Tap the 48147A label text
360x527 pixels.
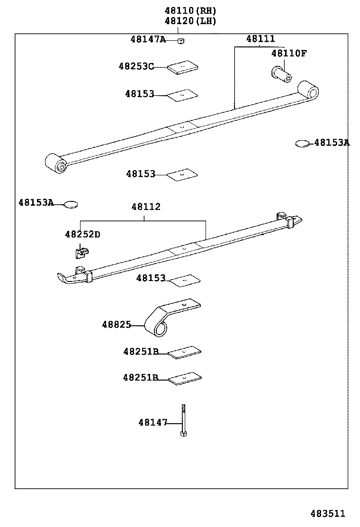coord(148,39)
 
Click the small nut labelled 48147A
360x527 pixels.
coord(180,41)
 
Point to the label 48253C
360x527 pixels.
coord(136,67)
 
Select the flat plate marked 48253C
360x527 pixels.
coord(182,68)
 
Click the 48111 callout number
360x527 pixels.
coord(260,39)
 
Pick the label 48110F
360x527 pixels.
coord(289,54)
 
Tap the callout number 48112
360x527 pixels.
coord(146,207)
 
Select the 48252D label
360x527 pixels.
coord(82,234)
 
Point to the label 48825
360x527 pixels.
coord(116,325)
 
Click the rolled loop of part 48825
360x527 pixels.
coord(158,327)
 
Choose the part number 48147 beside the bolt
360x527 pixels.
coord(153,422)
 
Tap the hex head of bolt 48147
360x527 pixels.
coord(182,433)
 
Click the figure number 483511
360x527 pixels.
coord(328,514)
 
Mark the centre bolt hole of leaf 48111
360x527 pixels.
coord(182,127)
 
